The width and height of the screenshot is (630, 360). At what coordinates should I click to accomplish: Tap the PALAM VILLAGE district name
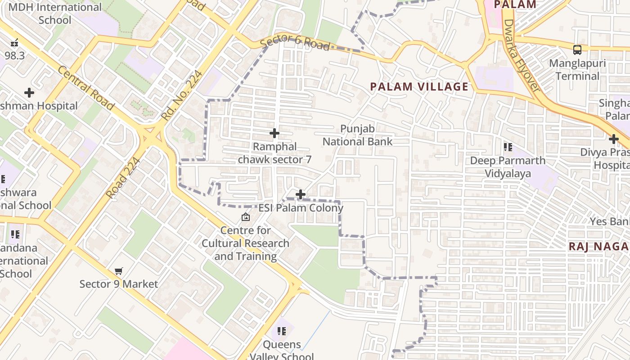tap(419, 87)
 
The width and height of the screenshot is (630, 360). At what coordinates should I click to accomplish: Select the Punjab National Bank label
tap(357, 135)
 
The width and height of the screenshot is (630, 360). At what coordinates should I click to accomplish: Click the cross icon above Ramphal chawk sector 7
tap(274, 133)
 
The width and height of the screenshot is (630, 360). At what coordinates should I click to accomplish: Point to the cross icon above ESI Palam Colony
tap(301, 194)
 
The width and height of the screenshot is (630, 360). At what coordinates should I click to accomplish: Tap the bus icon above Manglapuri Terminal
tap(577, 50)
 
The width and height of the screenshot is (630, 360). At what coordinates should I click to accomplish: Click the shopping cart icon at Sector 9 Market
tap(119, 271)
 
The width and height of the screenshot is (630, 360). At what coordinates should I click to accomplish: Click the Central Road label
tap(85, 89)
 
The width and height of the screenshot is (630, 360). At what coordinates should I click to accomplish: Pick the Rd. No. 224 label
tap(182, 95)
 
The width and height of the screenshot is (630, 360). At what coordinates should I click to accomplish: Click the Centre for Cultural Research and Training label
tap(245, 243)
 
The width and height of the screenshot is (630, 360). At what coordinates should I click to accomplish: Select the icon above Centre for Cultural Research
tap(246, 217)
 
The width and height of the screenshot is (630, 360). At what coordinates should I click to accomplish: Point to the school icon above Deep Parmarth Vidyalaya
tap(508, 147)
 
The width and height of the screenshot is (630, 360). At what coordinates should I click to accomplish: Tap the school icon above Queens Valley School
tap(282, 332)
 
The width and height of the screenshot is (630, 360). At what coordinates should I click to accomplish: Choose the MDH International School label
tap(55, 13)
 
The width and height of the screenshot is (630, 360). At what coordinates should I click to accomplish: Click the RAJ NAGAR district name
tap(598, 247)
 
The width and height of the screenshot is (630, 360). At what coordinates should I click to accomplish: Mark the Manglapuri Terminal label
tap(577, 70)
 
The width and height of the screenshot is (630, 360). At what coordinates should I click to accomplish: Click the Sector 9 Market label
tap(119, 284)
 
